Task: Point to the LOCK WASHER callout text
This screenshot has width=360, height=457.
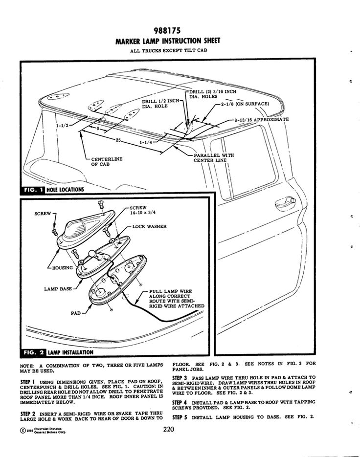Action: pos(150,227)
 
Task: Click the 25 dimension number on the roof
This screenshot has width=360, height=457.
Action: pos(118,141)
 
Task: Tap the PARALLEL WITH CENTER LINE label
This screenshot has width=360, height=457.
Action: pos(213,157)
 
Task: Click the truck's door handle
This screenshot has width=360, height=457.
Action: pos(288,200)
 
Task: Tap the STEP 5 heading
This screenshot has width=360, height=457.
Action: pos(180,417)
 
